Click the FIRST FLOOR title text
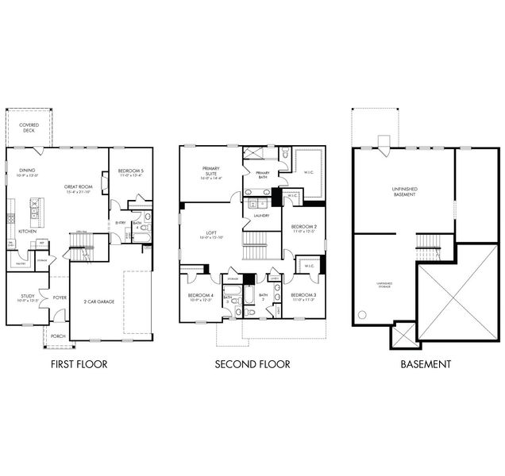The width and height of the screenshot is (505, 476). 79,365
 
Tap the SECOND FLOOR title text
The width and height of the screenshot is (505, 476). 252,365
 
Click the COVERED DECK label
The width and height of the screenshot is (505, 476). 29,128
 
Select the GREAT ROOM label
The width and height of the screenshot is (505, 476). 78,187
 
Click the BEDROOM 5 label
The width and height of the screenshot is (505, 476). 130,171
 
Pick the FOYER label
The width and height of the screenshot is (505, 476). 60,298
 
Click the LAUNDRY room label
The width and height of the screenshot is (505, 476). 261,216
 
